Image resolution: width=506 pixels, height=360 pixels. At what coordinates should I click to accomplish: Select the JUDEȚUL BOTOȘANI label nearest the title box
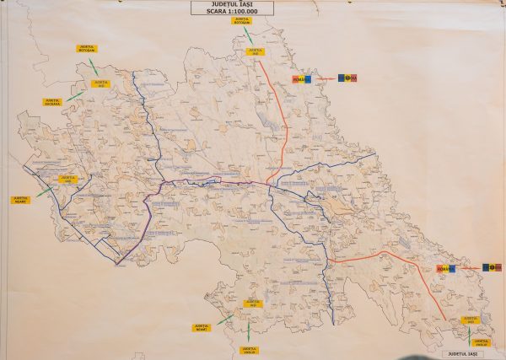point(242,20)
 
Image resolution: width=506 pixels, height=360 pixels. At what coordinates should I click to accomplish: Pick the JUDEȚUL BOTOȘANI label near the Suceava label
point(86,49)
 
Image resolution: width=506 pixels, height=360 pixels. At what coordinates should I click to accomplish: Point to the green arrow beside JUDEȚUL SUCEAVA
point(74,96)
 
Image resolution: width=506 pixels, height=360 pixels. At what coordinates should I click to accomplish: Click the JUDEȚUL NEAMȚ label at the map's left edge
point(20,200)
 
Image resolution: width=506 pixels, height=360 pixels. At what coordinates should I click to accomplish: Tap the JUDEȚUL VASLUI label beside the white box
point(482,342)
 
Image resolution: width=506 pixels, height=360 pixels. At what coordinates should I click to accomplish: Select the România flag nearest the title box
point(302,78)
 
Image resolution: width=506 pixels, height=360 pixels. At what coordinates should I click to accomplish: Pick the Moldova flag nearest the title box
point(348,78)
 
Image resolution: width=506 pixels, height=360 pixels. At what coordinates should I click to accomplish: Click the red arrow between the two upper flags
point(325,78)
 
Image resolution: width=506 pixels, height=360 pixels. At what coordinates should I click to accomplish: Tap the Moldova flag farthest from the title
point(491,268)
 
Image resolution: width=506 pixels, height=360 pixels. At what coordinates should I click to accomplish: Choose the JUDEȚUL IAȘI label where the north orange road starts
point(256,51)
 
